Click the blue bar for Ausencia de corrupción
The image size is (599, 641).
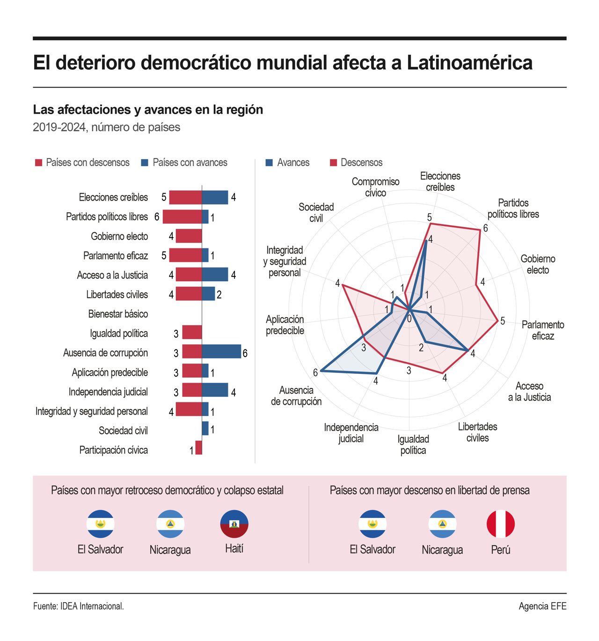click(x=221, y=352)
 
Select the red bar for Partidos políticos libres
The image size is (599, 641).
click(x=182, y=217)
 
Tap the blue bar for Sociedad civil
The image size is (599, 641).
click(x=205, y=429)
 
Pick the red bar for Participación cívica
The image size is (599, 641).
click(x=199, y=448)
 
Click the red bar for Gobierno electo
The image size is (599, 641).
click(x=189, y=236)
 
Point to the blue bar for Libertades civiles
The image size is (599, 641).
click(x=208, y=294)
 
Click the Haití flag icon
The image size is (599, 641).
click(x=234, y=524)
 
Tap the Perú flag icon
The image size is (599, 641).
click(x=500, y=524)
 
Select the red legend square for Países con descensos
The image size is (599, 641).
click(x=39, y=163)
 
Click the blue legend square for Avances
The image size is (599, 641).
click(x=269, y=163)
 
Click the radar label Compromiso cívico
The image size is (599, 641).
click(x=375, y=187)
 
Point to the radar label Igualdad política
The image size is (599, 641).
click(x=413, y=444)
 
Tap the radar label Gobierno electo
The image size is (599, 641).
click(x=538, y=264)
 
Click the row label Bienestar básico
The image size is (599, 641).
click(x=118, y=314)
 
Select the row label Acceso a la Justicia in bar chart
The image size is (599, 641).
click(x=112, y=275)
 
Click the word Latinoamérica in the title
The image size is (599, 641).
click(x=469, y=63)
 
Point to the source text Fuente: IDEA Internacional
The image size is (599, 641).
click(x=78, y=606)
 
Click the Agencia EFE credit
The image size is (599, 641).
click(x=542, y=606)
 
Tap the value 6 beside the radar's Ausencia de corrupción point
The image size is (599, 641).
click(x=315, y=372)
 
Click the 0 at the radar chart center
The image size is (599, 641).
click(x=409, y=319)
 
